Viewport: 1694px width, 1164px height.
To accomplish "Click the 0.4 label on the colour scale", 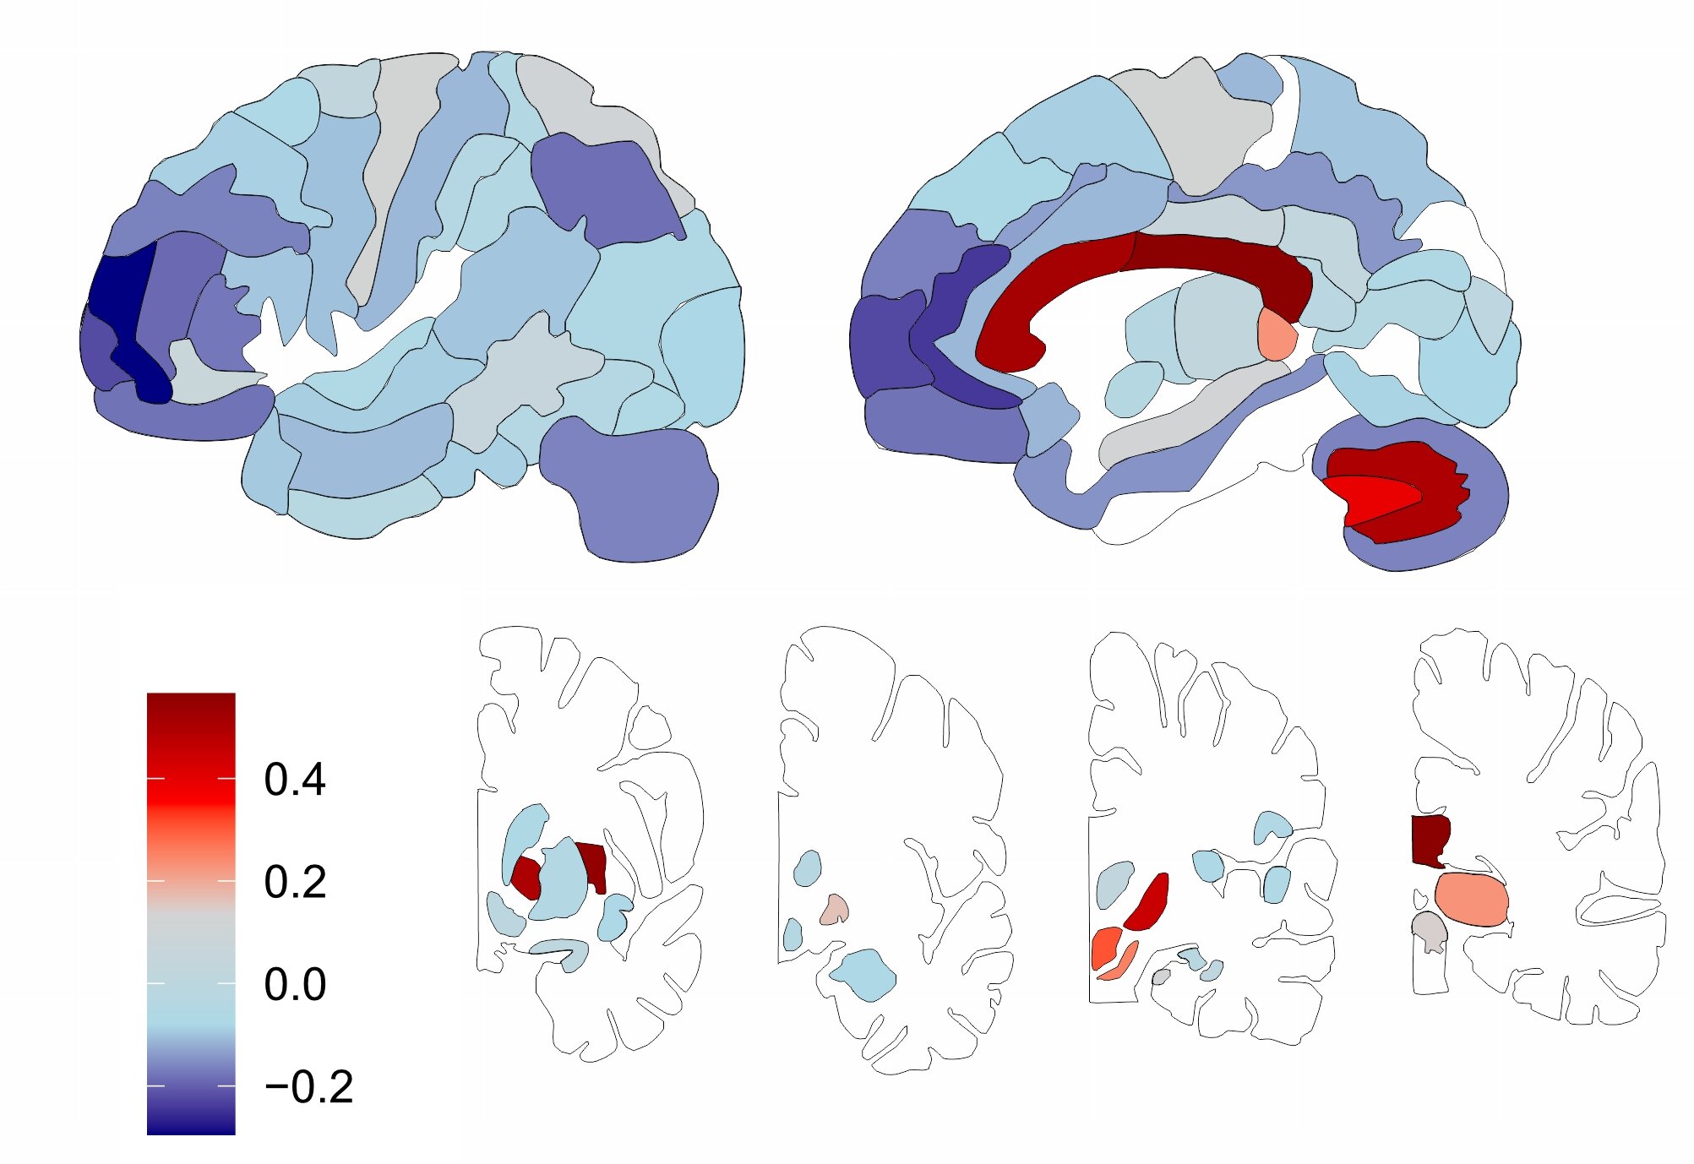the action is point(294,779).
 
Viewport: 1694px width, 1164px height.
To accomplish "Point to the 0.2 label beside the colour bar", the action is point(294,882).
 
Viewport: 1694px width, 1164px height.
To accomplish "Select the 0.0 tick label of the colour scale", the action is point(294,984).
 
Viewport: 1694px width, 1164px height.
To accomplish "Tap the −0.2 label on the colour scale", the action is point(308,1087).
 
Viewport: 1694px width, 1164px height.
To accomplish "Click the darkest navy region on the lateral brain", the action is point(127,313).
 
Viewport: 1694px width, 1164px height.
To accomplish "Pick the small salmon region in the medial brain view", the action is point(1276,334).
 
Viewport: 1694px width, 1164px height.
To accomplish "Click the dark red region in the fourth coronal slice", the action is point(1430,841).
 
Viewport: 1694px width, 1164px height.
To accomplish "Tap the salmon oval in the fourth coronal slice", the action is point(1471,899).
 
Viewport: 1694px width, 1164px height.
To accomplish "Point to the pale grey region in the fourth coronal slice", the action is point(1429,931).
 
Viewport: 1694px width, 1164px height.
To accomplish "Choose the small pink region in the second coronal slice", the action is point(835,910).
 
